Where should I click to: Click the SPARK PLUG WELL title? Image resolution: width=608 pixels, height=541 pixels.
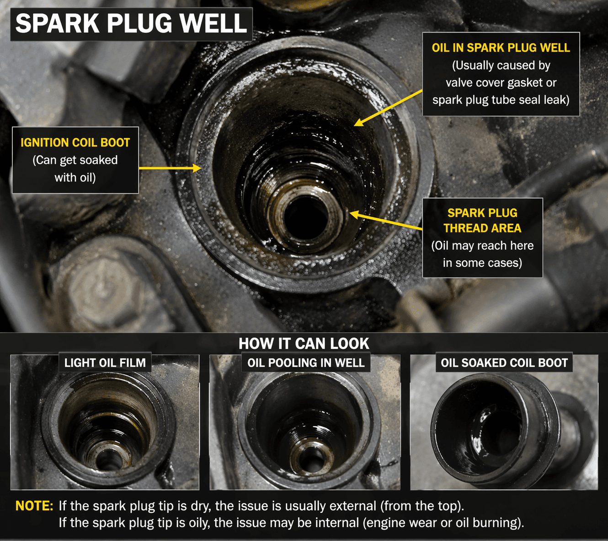(131, 24)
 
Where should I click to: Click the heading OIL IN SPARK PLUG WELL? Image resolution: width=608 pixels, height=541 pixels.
(501, 48)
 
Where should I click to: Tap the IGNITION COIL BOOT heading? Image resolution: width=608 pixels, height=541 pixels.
(75, 142)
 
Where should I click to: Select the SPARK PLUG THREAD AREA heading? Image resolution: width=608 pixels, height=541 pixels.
(482, 220)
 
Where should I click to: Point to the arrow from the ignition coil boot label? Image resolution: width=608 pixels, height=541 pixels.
(170, 168)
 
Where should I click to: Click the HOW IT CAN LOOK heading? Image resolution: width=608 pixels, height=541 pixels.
(304, 343)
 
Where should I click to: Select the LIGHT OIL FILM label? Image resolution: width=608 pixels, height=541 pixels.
(105, 362)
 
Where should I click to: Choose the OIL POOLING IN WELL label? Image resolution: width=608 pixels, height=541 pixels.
(306, 362)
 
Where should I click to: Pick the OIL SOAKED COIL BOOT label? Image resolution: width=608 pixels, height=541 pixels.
(504, 362)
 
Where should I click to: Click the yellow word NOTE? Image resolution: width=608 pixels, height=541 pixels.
(34, 506)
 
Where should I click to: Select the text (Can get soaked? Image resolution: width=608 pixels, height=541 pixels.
(75, 160)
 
